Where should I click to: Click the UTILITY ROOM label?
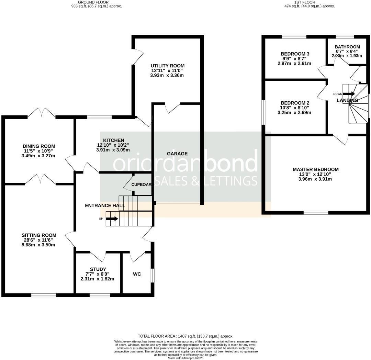167,66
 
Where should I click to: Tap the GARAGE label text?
177,154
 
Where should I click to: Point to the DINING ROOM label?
39,146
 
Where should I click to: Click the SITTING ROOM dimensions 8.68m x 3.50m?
39,245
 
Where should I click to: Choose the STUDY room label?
98,269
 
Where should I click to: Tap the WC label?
137,274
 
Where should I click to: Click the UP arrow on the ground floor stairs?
112,218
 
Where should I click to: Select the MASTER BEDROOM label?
315,169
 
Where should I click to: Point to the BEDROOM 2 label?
295,103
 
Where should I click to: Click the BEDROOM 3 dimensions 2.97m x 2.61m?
295,63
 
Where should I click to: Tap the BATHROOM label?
347,47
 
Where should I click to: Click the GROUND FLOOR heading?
94,2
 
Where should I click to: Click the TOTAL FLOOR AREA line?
185,336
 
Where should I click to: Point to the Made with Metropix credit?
185,358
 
